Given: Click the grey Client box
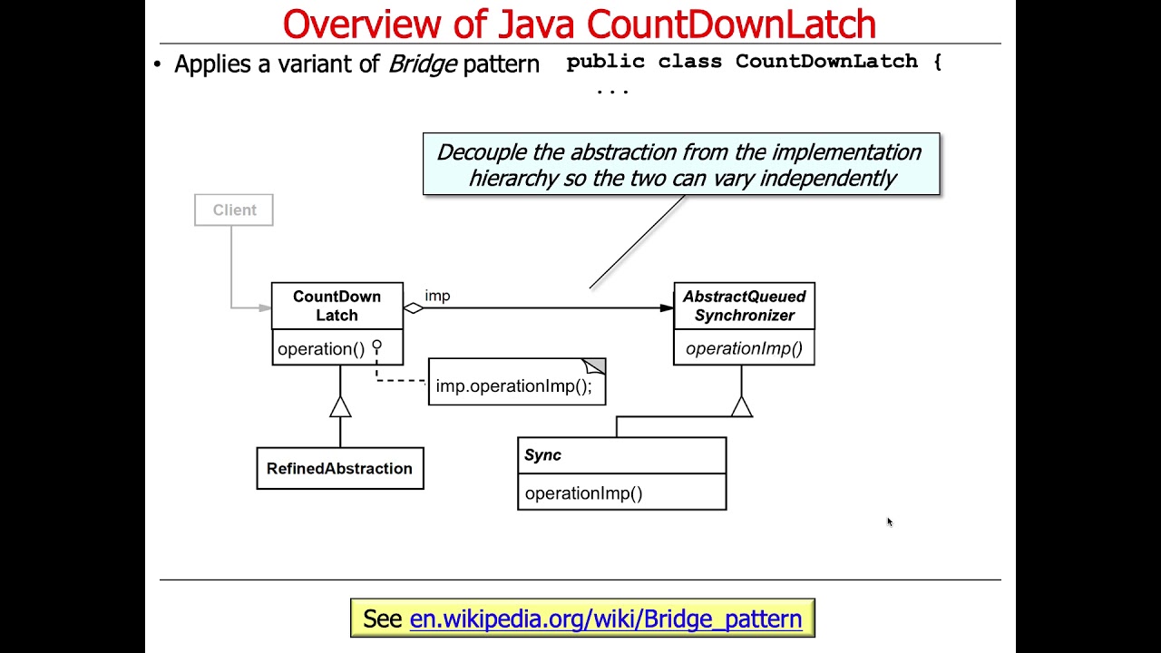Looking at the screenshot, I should (234, 210).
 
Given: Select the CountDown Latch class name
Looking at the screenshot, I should (337, 306).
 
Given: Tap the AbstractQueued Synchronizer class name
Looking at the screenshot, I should (744, 306).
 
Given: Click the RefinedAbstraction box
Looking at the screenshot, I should (339, 469).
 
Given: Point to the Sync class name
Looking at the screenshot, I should (542, 455).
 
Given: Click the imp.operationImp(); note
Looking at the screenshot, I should (515, 385).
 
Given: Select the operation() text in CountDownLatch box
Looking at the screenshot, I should (320, 349).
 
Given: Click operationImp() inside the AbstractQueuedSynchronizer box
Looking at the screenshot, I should (744, 348).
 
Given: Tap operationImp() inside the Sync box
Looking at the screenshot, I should (583, 493).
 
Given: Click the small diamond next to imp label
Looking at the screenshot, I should (414, 308).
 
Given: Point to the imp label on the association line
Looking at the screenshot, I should (437, 296).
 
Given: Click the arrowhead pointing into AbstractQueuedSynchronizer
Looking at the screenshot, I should (667, 308).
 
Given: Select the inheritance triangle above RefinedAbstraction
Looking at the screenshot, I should (340, 407).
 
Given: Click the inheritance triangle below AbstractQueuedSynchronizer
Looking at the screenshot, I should (741, 407).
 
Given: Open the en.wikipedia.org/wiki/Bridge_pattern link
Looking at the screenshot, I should (606, 619).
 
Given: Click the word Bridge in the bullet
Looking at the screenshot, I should (422, 64).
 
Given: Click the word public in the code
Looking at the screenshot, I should (605, 62).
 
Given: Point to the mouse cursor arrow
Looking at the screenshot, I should (889, 521).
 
